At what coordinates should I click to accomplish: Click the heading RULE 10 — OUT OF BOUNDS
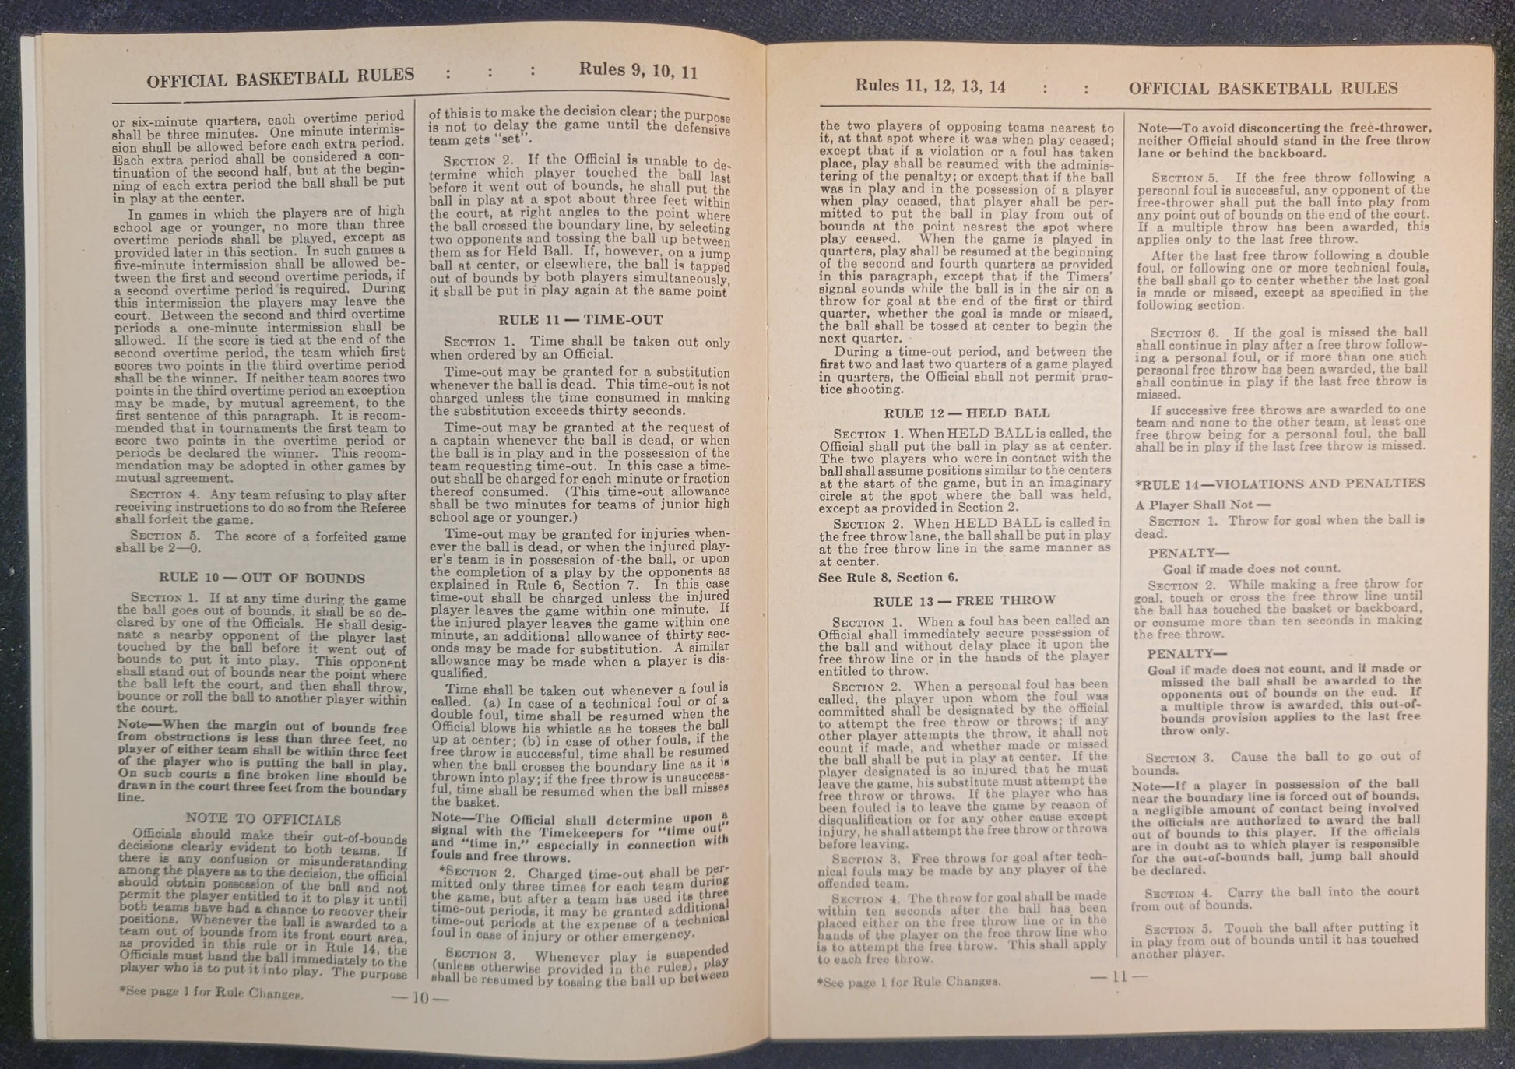pyautogui.click(x=262, y=578)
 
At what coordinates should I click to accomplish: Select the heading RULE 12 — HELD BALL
pyautogui.click(x=966, y=413)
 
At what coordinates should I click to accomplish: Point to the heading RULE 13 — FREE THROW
pyautogui.click(x=964, y=600)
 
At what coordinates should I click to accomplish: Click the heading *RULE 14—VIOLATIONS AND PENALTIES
pyautogui.click(x=1280, y=484)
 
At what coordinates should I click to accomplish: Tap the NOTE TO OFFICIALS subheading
pyautogui.click(x=263, y=819)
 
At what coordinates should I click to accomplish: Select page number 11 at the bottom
pyautogui.click(x=1119, y=977)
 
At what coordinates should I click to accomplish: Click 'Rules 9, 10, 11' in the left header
pyautogui.click(x=638, y=71)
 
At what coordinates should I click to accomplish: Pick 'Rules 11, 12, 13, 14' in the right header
pyautogui.click(x=930, y=86)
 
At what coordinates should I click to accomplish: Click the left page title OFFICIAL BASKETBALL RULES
pyautogui.click(x=280, y=77)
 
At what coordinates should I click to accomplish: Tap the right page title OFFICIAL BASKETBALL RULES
pyautogui.click(x=1263, y=89)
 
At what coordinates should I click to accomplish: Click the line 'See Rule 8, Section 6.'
pyautogui.click(x=888, y=578)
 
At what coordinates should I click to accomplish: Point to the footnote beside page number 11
pyautogui.click(x=909, y=982)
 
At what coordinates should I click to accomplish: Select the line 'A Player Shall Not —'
pyautogui.click(x=1203, y=505)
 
